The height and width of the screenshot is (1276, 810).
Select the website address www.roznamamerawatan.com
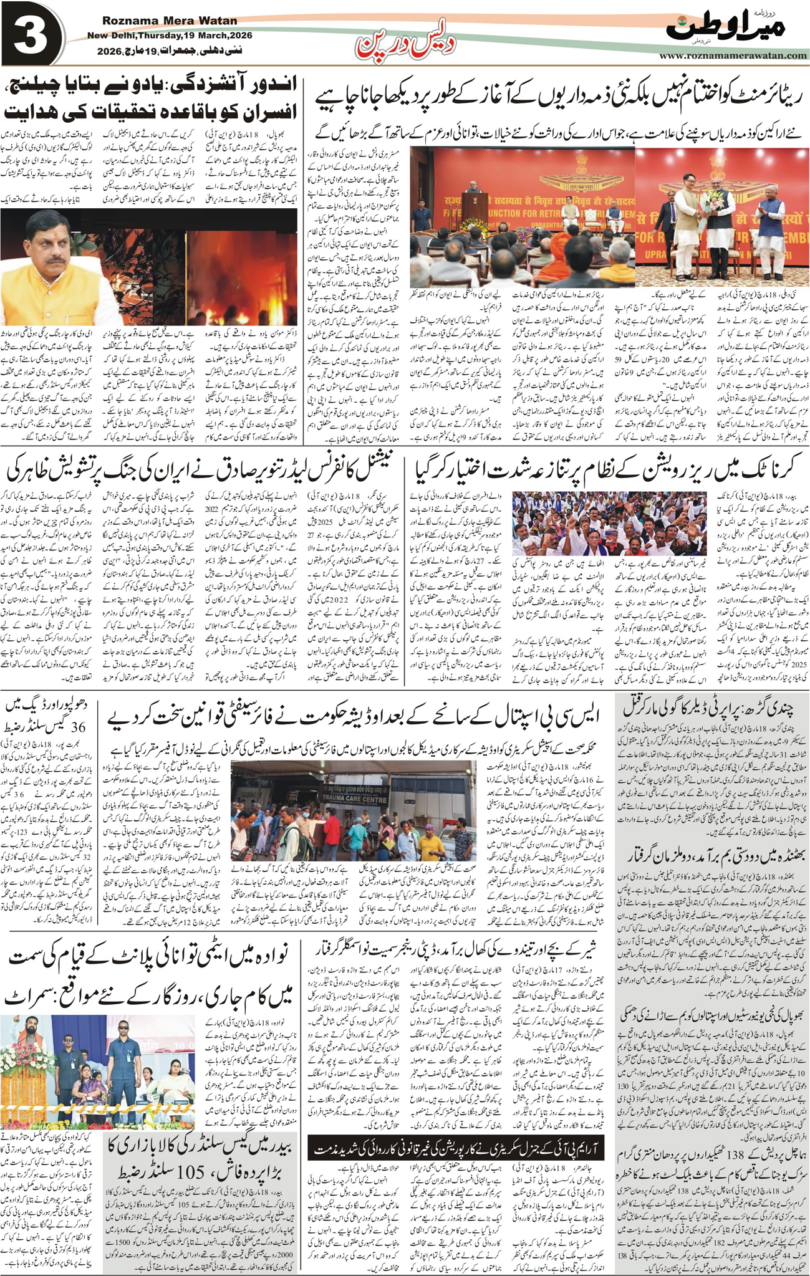[x=733, y=56]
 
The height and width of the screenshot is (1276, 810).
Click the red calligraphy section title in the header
[x=405, y=42]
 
